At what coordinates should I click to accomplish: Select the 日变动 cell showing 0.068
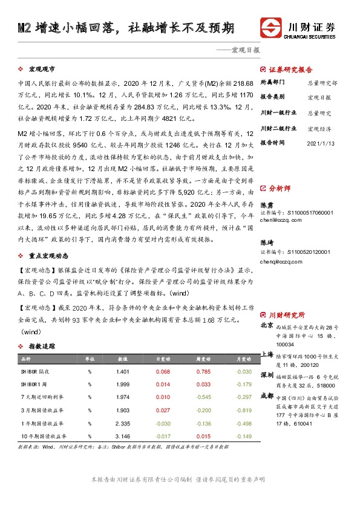pyautogui.click(x=163, y=372)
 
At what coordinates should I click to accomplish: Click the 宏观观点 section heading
pyautogui.click(x=42, y=70)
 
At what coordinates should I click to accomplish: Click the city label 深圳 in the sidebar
pyautogui.click(x=267, y=375)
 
